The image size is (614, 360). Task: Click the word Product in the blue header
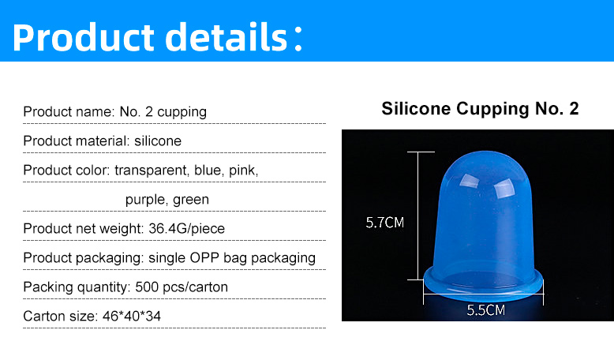(x=84, y=37)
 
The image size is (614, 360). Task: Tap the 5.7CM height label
(x=384, y=223)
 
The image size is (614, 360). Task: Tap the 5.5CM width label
(x=485, y=310)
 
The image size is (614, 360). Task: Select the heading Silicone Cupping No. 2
(x=480, y=108)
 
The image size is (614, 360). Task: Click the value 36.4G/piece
(x=187, y=228)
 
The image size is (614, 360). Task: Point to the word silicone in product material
(x=158, y=141)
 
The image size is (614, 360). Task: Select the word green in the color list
(x=191, y=200)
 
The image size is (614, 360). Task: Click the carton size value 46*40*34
(x=132, y=316)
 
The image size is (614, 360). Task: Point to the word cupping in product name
(x=182, y=112)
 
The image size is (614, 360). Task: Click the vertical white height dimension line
(x=418, y=216)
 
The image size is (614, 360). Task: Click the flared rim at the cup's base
(x=484, y=288)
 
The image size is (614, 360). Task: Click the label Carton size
(x=61, y=316)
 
